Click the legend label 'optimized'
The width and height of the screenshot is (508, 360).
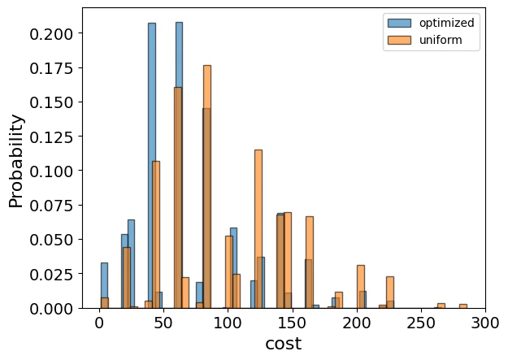(446, 23)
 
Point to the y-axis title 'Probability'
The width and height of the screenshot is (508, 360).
(17, 161)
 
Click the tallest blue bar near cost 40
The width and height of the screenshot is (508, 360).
(152, 163)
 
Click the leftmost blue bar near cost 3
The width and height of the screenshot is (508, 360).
(104, 285)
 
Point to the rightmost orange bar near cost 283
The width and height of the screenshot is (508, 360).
(463, 306)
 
